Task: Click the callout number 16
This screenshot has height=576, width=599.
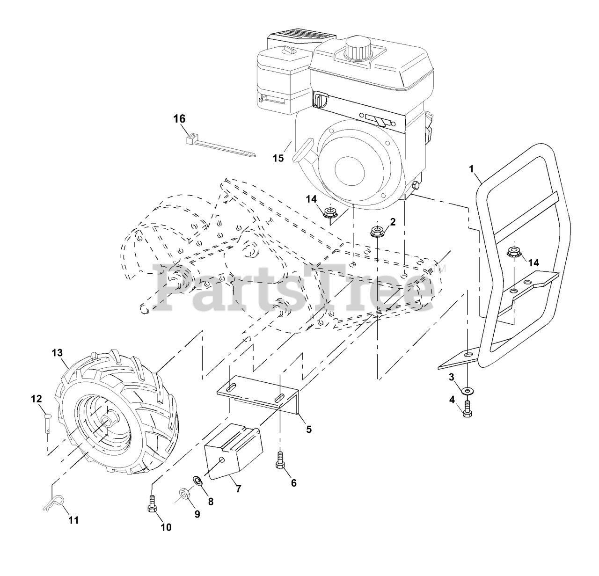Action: (x=179, y=119)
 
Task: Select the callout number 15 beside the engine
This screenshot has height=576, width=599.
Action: (x=278, y=158)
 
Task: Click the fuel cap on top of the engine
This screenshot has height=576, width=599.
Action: (x=357, y=47)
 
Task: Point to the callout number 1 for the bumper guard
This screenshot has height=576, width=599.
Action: (x=472, y=168)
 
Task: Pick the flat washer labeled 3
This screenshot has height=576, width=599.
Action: (x=467, y=389)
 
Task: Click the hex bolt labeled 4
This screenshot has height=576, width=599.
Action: (x=467, y=408)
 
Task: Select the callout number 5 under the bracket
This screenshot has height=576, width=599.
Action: (x=309, y=429)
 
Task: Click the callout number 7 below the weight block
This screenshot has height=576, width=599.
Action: (x=238, y=489)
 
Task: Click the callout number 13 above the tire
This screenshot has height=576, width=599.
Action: (x=57, y=352)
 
